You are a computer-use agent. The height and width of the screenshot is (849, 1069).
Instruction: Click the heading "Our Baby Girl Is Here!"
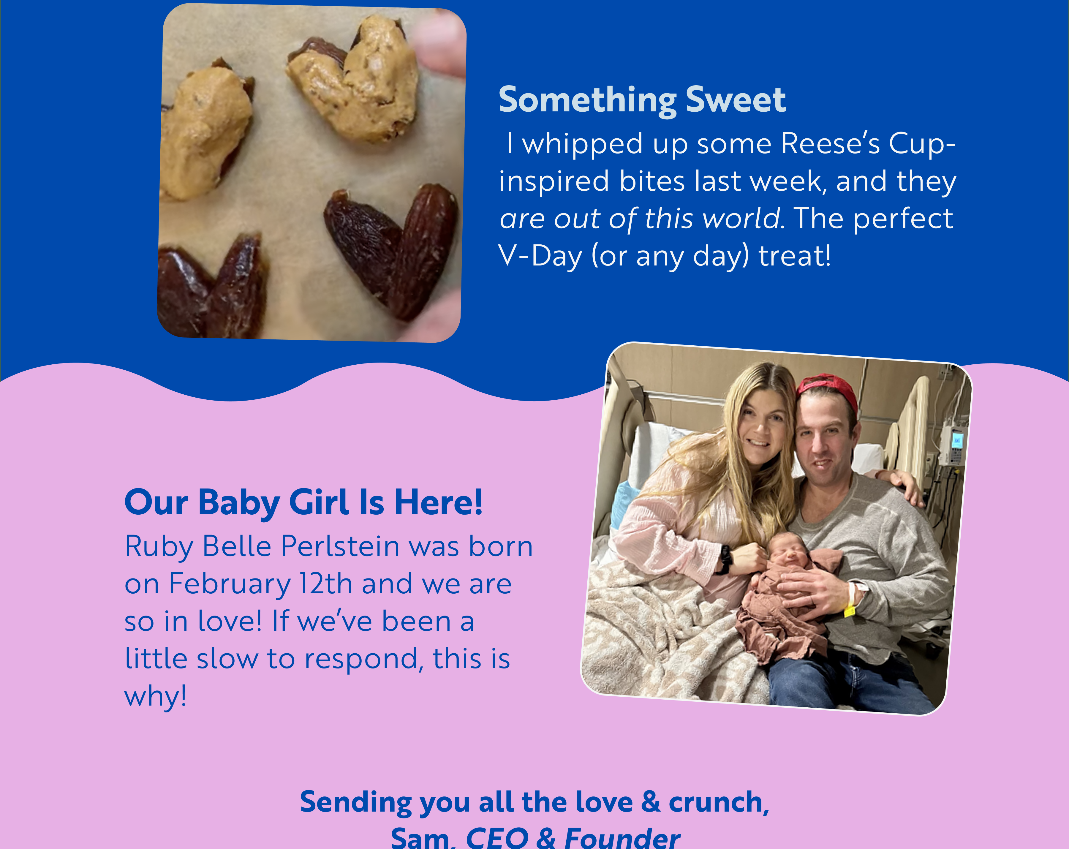pos(303,502)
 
